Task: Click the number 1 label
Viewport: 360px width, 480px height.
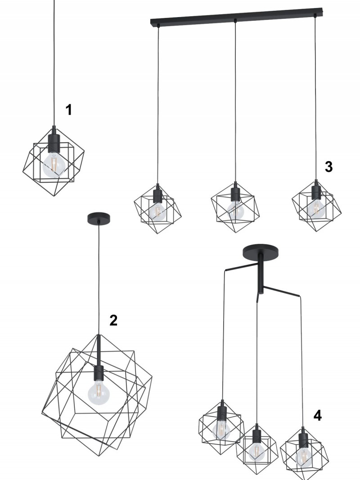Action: pyautogui.click(x=69, y=110)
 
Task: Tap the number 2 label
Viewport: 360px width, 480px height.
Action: pyautogui.click(x=113, y=320)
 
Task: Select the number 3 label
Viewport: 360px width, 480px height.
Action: pyautogui.click(x=328, y=167)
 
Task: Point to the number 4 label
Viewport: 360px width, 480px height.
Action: pyautogui.click(x=317, y=416)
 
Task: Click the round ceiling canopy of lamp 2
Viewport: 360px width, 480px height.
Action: pyautogui.click(x=99, y=218)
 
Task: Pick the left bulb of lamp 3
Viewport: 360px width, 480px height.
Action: pyautogui.click(x=157, y=211)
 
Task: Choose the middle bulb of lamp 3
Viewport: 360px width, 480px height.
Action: pyautogui.click(x=235, y=210)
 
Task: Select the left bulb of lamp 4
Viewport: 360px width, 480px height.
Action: pyautogui.click(x=221, y=430)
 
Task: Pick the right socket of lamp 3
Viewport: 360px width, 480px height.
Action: pyautogui.click(x=316, y=190)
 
